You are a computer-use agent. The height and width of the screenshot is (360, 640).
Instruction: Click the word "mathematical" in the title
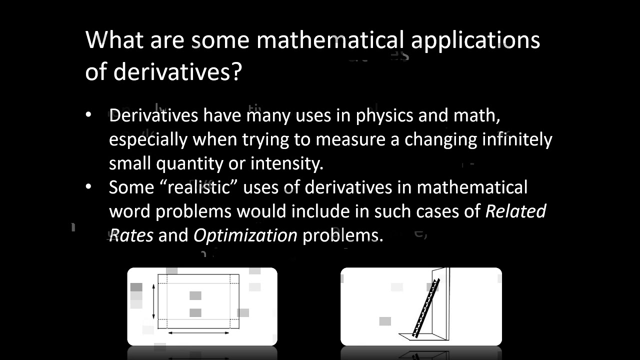tap(330, 40)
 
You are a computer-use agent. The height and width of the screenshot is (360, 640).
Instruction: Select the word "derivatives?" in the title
tap(178, 72)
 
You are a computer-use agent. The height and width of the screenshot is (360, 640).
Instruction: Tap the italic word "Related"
tap(515, 211)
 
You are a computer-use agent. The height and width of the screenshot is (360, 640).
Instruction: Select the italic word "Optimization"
tap(245, 235)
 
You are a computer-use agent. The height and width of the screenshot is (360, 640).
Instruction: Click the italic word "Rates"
tap(131, 235)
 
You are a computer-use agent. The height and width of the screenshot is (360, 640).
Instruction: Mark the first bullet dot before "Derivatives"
tap(89, 115)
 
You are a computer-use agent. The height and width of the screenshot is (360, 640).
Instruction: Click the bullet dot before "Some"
tap(89, 187)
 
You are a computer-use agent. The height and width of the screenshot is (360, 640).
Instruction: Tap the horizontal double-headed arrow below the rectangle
tap(198, 332)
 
